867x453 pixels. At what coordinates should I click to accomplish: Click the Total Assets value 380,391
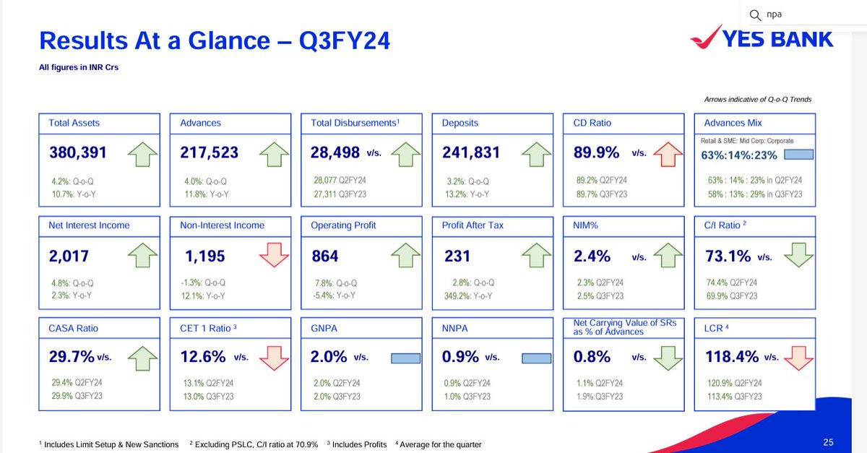coord(78,153)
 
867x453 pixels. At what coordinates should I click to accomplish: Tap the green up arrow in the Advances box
coord(274,153)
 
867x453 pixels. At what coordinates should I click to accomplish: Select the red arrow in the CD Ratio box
coord(667,153)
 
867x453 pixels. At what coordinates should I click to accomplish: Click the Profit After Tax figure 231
coord(457,256)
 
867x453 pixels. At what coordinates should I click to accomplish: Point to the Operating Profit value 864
coord(325,256)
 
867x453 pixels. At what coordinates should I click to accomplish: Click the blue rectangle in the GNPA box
coord(405,358)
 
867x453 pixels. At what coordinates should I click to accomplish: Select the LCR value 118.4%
coord(732,357)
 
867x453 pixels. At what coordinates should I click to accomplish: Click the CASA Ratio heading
coord(74,328)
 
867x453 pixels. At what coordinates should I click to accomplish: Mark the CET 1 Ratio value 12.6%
coord(203,357)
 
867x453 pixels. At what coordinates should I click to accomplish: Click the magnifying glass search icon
coord(755,14)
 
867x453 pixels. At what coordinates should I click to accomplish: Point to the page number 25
coord(828,442)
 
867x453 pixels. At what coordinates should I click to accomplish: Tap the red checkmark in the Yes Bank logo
coord(707,35)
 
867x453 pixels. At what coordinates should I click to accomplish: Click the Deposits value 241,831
coord(471,153)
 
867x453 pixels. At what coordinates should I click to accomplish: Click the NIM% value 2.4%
coord(592,256)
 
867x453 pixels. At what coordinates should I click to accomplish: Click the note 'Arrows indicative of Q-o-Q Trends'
coord(757,100)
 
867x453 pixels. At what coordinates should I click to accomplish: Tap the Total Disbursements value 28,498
coord(335,153)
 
